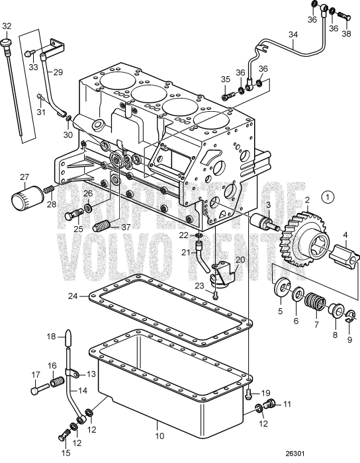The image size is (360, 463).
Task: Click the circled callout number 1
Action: coord(330,196)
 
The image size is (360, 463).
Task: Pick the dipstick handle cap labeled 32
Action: coord(7,44)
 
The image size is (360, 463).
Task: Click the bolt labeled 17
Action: coord(38,390)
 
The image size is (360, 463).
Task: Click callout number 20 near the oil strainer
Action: coord(240,261)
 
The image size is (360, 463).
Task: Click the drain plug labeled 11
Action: coord(269,404)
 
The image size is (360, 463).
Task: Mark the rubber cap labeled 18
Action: coord(69,339)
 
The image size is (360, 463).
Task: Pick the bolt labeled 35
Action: coord(228,96)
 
